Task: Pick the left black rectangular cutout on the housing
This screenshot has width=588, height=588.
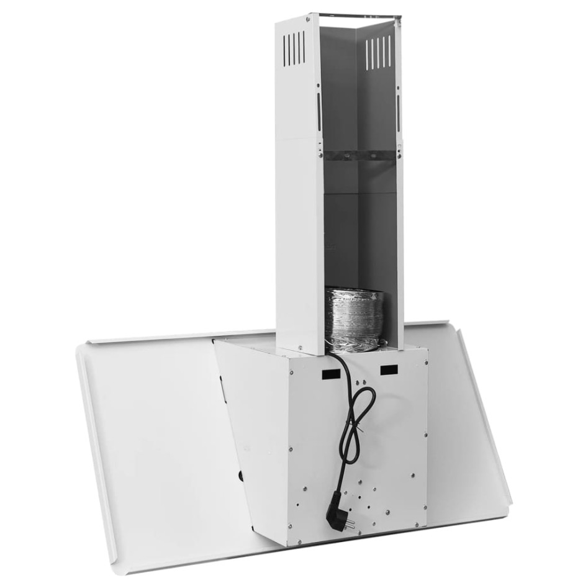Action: click(330, 374)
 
